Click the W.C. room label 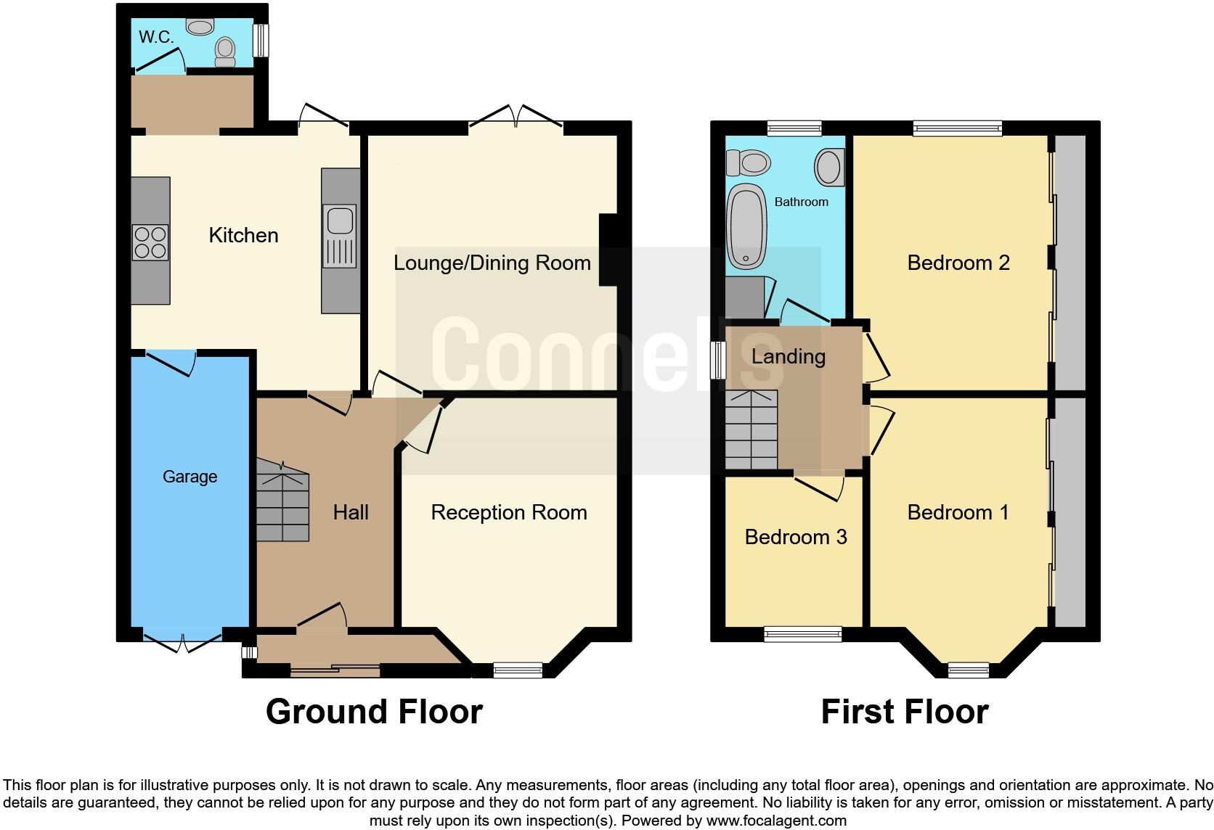coord(156,37)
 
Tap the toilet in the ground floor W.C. coord(225,51)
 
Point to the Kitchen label coord(243,235)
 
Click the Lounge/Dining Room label coord(492,263)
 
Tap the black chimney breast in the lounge coord(608,250)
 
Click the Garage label coord(190,477)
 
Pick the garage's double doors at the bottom coord(182,641)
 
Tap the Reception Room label coord(508,512)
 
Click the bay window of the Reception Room coord(518,670)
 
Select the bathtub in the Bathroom coord(747,226)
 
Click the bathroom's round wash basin coord(828,166)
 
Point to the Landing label coord(788,356)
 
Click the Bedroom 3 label coord(795,537)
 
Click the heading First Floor coord(904,712)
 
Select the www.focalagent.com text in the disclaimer coord(776,821)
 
